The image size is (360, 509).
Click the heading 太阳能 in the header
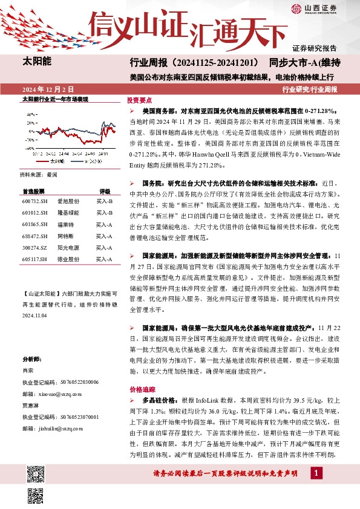[37, 61]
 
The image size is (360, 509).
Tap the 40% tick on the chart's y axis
[30, 113]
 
